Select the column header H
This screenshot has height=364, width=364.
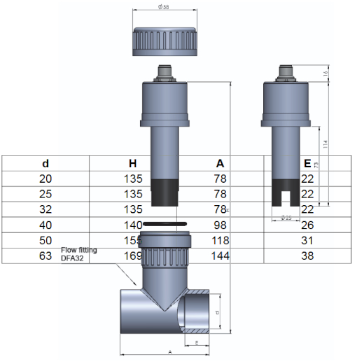click(x=133, y=163)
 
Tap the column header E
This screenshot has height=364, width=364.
click(x=307, y=163)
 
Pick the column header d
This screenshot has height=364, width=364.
click(x=46, y=163)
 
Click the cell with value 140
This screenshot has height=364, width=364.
click(x=133, y=225)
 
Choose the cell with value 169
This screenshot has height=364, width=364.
click(x=133, y=256)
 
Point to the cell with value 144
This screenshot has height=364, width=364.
click(x=220, y=256)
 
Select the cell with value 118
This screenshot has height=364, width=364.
click(x=220, y=241)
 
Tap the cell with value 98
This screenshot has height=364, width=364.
click(x=220, y=225)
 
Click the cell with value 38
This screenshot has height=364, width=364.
click(x=307, y=256)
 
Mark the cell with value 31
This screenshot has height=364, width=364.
click(x=307, y=241)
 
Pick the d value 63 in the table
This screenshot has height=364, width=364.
click(x=46, y=256)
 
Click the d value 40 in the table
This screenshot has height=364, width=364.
click(x=46, y=225)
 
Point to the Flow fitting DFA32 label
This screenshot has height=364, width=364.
click(x=78, y=253)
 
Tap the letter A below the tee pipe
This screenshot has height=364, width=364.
click(x=170, y=353)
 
